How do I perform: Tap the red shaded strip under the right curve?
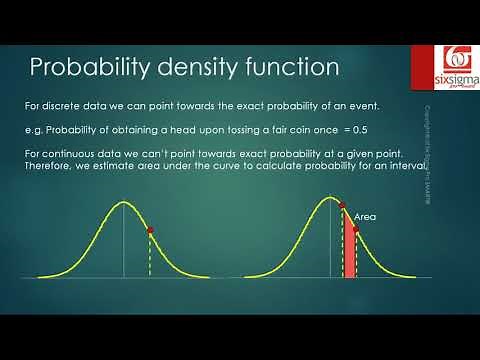pos(349,250)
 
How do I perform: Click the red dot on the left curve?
pos(150,230)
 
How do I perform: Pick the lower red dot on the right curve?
pos(356,230)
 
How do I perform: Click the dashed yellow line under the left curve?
pos(150,255)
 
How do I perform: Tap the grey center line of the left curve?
pos(122,240)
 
